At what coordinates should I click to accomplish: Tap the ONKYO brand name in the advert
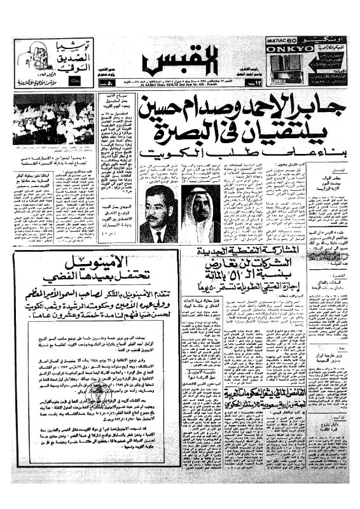click(287, 46)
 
